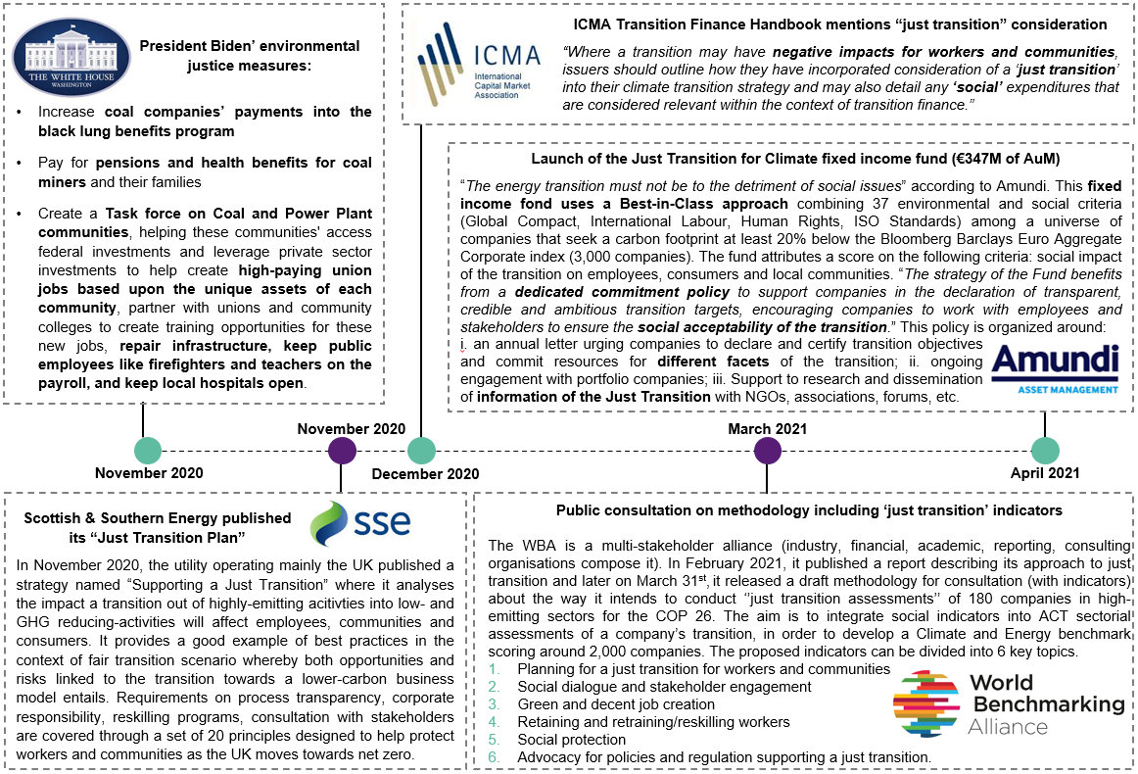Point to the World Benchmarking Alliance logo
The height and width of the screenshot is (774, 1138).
(x=1008, y=702)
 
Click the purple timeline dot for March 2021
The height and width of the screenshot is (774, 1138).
(x=768, y=451)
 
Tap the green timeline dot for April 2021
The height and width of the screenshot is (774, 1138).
(x=1045, y=451)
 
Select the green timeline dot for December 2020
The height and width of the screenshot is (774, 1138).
(x=421, y=451)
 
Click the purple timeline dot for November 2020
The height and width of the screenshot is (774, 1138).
(x=341, y=451)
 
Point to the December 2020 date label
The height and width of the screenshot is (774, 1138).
(x=425, y=473)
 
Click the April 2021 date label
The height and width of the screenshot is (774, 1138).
(x=1045, y=473)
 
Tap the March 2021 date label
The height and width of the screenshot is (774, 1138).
(x=768, y=429)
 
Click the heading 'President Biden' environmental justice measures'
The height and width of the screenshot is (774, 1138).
(x=249, y=55)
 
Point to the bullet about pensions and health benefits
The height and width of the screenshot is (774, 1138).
(x=205, y=172)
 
